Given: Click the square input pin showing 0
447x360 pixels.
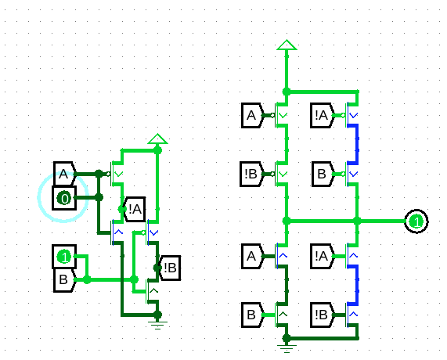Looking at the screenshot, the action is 64,198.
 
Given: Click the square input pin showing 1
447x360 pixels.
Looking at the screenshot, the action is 64,257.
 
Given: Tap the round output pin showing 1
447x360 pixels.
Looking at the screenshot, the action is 416,221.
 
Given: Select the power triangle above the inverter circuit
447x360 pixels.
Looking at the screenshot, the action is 157,139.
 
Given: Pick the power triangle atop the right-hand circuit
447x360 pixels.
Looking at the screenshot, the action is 287,45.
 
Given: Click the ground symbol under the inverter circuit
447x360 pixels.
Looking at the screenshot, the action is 157,324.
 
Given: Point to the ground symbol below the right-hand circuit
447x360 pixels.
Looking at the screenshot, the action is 287,348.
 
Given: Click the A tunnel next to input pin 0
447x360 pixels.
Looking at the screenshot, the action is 65,174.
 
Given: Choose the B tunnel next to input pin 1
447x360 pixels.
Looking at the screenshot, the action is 65,280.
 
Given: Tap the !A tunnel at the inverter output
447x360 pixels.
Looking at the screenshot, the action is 134,209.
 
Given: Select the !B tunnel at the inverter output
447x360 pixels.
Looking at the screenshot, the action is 169,268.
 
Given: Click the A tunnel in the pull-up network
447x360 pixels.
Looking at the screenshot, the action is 252,116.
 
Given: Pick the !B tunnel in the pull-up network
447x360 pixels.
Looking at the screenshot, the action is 251,174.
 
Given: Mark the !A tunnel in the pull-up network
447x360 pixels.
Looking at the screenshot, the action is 322,116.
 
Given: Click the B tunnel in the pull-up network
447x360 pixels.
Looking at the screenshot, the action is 323,174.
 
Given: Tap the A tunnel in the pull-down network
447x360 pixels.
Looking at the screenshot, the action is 252,256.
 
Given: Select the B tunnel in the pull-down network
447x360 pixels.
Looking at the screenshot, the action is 252,315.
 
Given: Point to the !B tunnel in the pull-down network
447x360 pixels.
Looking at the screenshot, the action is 322,315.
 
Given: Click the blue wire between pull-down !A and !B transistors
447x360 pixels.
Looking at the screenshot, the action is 356,284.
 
